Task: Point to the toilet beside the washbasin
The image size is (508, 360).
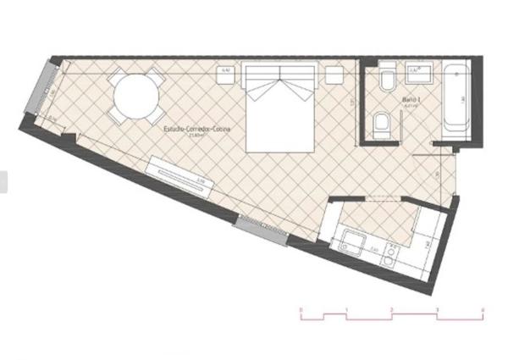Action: pos(386,81)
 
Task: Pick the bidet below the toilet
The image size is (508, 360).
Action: pos(381,126)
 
